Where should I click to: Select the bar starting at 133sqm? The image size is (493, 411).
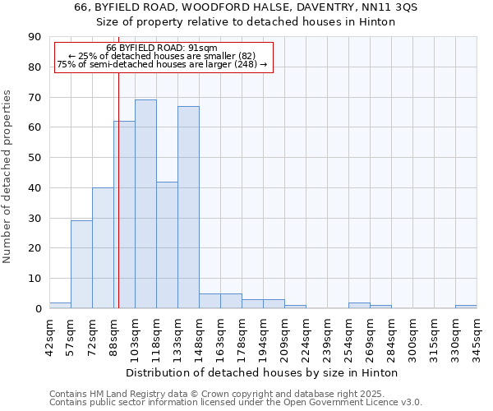188,207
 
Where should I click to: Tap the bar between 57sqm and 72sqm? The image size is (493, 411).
81,265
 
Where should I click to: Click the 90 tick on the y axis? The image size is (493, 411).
35,37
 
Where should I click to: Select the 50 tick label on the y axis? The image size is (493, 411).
35,158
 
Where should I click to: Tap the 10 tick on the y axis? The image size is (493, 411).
35,279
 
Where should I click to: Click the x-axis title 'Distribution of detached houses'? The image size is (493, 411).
262,373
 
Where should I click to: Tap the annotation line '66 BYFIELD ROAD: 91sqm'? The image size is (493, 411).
162,48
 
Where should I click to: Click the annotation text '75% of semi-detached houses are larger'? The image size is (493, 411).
162,64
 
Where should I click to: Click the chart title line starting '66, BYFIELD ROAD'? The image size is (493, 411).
246,7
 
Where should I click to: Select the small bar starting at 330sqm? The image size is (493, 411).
466,307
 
